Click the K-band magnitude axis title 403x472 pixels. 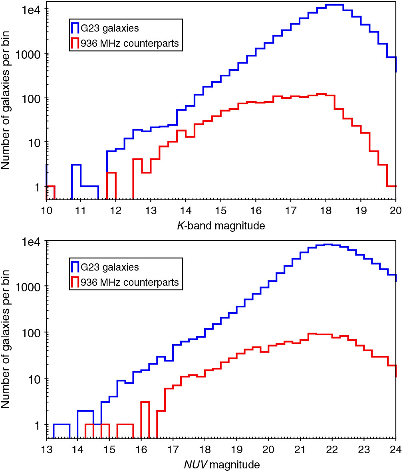pyautogui.click(x=221, y=226)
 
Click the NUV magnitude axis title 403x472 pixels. pyautogui.click(x=221, y=465)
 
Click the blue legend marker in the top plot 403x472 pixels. pyautogui.click(x=74, y=28)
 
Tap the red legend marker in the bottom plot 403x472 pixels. pyautogui.click(x=74, y=283)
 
